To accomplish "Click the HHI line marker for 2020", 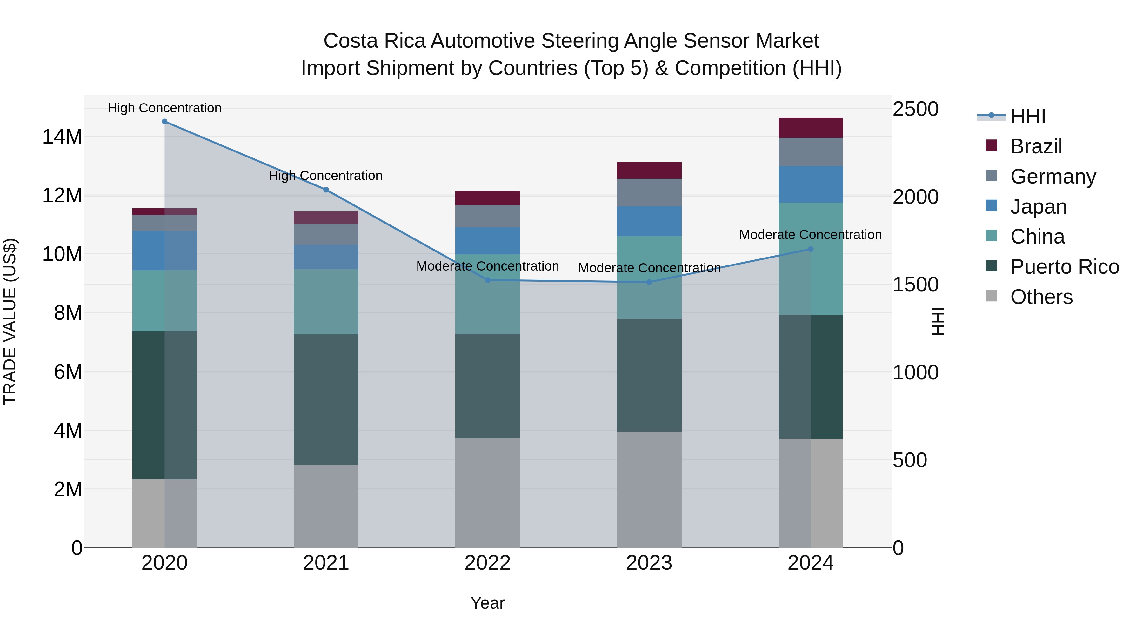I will (x=164, y=122).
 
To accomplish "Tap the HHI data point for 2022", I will (x=488, y=280).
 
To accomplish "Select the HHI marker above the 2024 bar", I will (x=811, y=249).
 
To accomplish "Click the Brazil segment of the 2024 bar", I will (x=811, y=128).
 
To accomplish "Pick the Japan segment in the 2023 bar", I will (x=649, y=221).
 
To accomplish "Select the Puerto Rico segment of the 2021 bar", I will (x=326, y=399).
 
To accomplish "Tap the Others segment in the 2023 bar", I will (x=649, y=489).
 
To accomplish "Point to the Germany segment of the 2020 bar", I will (x=164, y=223).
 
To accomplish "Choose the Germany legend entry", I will (x=1053, y=177).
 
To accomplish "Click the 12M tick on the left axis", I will (x=62, y=195).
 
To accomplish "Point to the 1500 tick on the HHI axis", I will (x=915, y=285).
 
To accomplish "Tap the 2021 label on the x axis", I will (x=326, y=563).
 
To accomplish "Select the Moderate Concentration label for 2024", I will (x=810, y=235).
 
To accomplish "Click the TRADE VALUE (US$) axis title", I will (x=10, y=321).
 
